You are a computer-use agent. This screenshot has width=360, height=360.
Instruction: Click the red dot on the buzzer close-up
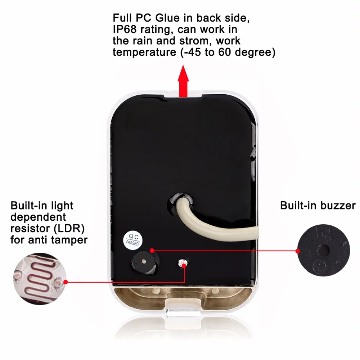(298, 251)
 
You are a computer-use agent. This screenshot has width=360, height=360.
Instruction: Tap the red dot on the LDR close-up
(65, 282)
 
